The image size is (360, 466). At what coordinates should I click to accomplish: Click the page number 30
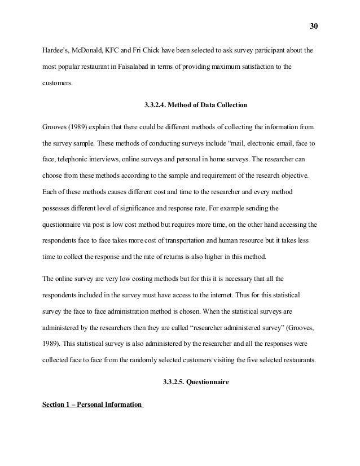pos(314,26)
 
